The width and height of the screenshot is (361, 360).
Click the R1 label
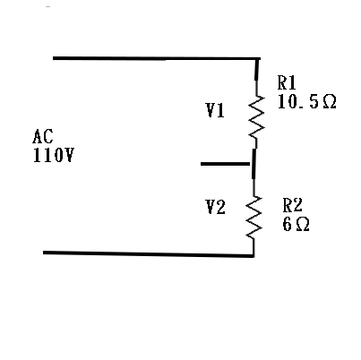[x=287, y=82]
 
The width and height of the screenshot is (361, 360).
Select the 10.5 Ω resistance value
[x=307, y=101]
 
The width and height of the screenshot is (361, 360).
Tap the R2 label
[x=293, y=205]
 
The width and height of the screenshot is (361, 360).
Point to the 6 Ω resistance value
[x=296, y=224]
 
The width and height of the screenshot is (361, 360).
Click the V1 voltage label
[x=215, y=110]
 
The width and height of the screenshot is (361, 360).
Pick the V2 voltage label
[x=216, y=207]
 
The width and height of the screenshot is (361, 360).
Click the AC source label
[x=43, y=136]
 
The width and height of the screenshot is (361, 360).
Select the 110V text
[x=53, y=155]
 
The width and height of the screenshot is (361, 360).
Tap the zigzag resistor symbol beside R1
[x=256, y=117]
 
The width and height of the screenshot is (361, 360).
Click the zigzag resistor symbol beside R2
[x=254, y=217]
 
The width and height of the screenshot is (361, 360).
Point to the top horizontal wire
[x=157, y=58]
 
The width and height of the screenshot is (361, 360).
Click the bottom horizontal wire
[x=149, y=254]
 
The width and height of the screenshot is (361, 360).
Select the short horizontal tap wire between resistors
[x=225, y=164]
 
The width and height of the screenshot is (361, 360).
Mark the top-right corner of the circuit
[x=258, y=59]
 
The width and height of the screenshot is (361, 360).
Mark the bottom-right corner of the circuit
[x=254, y=255]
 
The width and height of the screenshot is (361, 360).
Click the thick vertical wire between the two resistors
[x=254, y=164]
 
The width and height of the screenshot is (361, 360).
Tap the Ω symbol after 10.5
[x=330, y=102]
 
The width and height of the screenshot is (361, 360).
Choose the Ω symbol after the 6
[x=303, y=225]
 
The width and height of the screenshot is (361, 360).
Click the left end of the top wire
[x=53, y=58]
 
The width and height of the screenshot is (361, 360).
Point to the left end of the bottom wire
[x=43, y=253]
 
